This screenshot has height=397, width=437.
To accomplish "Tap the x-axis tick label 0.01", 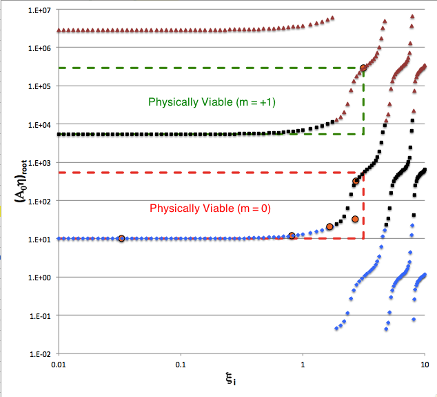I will point(59,364).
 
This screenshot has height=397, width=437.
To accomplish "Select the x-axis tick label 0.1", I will point(181,364).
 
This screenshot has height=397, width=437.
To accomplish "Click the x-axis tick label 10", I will point(425,364).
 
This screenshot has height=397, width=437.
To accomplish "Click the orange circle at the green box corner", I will point(363,68).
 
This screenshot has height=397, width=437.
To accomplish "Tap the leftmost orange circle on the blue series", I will point(121,238).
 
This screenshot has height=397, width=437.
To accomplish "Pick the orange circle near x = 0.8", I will point(292,235).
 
